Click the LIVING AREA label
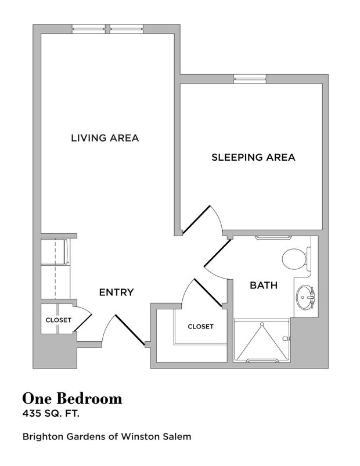click(105, 138)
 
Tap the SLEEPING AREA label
click(253, 157)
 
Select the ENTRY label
click(116, 292)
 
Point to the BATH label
click(263, 285)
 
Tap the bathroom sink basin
click(303, 298)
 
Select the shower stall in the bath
click(262, 340)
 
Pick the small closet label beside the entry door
click(59, 320)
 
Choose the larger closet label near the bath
click(200, 326)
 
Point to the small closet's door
click(84, 321)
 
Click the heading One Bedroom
click(72, 399)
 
